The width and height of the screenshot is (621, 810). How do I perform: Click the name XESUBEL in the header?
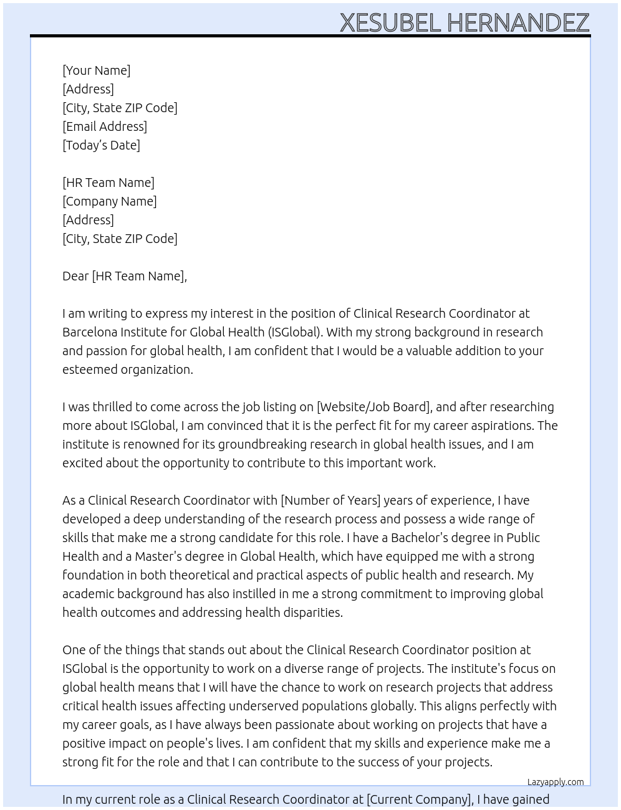coord(390,23)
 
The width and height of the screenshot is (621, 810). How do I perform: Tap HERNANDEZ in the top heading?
coord(518,23)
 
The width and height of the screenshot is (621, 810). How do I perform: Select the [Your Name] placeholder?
coord(97,70)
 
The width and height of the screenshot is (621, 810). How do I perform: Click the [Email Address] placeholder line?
coord(105,126)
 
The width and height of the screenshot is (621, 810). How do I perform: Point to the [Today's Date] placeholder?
coord(101,145)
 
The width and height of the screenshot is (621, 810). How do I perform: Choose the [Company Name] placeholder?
coord(110,201)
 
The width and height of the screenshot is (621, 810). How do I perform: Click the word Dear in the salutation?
coord(75,276)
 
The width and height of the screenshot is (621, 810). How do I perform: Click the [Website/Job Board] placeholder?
coord(373,407)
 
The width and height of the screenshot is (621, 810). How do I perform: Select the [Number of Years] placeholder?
coord(330,500)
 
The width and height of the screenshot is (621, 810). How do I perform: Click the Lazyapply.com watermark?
coord(556,782)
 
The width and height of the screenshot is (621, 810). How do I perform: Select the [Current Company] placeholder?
coord(420,799)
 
